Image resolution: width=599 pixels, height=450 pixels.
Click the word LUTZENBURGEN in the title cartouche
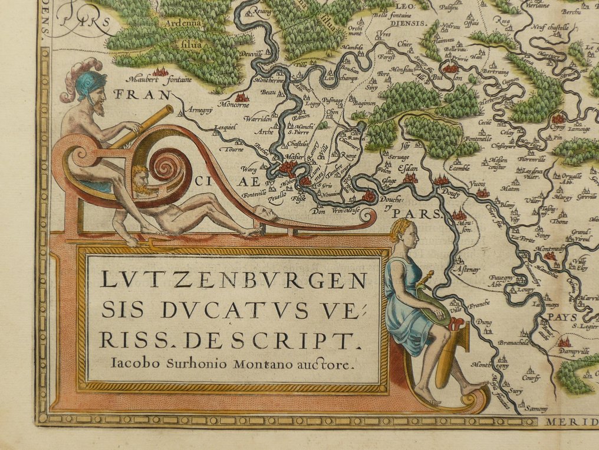(233, 280)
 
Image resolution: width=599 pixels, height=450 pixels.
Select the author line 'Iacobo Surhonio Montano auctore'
(233, 364)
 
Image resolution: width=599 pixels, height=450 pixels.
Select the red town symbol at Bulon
(450, 69)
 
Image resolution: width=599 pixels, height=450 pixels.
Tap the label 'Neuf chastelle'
(549, 27)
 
